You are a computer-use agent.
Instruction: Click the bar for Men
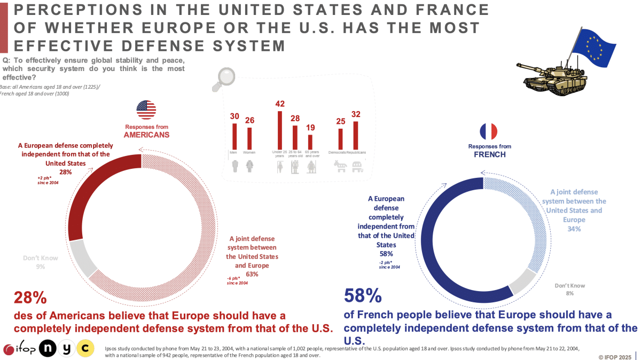click(234, 136)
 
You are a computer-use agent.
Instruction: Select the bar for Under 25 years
click(279, 130)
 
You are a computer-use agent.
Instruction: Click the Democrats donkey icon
click(341, 168)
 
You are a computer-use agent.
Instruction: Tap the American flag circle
click(146, 109)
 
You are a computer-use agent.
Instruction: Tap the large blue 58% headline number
click(363, 295)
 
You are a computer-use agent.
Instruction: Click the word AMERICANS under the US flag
click(146, 135)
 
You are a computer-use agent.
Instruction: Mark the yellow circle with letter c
click(84, 348)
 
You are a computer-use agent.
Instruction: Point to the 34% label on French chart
click(574, 229)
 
